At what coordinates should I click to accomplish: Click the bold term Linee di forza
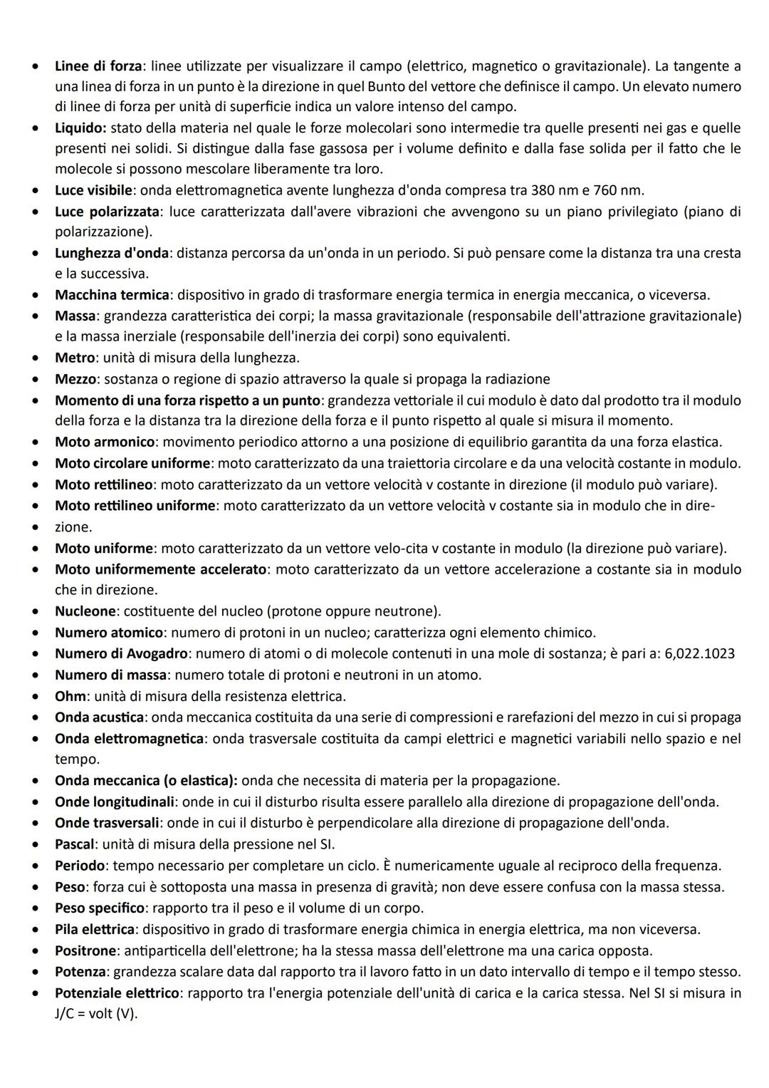(x=98, y=66)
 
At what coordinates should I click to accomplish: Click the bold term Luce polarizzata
(x=108, y=212)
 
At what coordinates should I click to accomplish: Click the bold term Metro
(x=74, y=358)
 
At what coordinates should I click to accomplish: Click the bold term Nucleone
(x=85, y=611)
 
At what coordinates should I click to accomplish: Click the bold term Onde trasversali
(x=107, y=823)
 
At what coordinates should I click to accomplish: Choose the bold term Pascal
(x=75, y=844)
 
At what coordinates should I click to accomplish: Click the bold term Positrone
(x=85, y=951)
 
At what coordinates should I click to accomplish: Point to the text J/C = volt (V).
(x=95, y=1014)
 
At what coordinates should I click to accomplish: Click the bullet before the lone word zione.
(x=33, y=528)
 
